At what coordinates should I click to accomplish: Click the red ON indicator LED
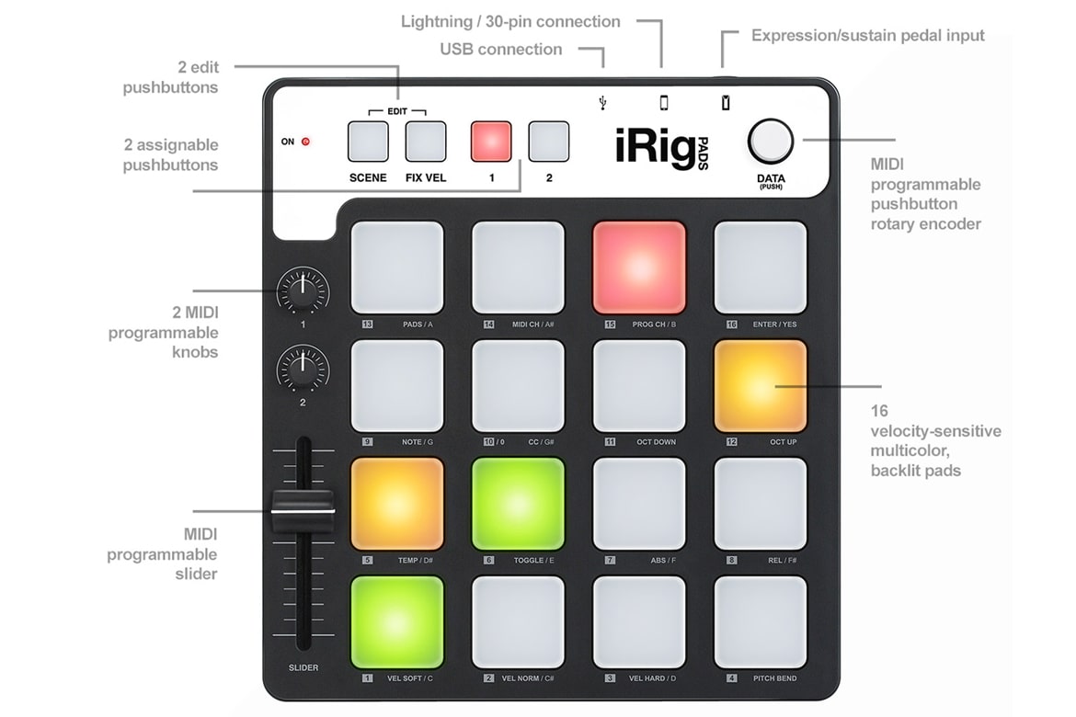(x=305, y=142)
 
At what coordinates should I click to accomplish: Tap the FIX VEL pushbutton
(x=426, y=142)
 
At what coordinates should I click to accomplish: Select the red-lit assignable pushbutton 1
(x=491, y=142)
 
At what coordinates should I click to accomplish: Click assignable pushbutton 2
(x=548, y=142)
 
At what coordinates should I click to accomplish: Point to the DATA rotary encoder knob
(x=771, y=142)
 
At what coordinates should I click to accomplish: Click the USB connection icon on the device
(x=602, y=103)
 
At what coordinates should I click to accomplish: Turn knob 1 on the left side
(x=303, y=292)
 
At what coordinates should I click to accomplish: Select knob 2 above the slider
(x=303, y=371)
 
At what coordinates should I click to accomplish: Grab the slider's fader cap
(x=303, y=511)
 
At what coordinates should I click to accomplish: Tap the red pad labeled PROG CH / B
(x=639, y=267)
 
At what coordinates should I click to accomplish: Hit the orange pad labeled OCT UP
(x=761, y=386)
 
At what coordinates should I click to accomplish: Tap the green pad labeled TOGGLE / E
(x=518, y=505)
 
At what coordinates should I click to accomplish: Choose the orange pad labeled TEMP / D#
(x=396, y=505)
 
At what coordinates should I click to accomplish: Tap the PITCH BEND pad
(x=761, y=622)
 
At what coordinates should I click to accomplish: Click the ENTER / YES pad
(x=761, y=267)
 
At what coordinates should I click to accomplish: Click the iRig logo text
(x=656, y=147)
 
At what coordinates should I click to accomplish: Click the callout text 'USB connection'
(x=501, y=50)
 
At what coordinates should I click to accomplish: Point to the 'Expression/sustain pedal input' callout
(x=867, y=36)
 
